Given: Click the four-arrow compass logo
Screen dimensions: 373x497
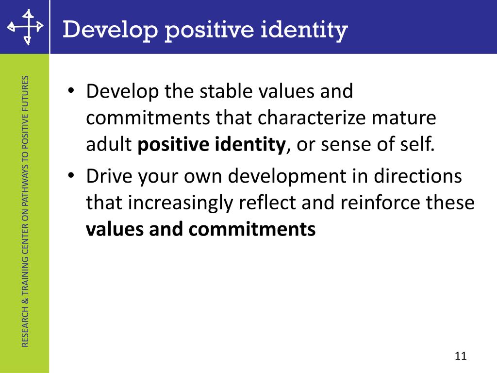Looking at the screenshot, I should click(x=25, y=27).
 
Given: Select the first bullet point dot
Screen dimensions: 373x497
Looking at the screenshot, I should click(x=71, y=91).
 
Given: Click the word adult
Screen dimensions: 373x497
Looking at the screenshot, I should click(x=109, y=145).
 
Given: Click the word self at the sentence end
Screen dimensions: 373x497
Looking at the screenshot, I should click(x=418, y=145).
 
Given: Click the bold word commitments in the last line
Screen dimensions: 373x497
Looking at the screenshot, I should click(x=252, y=230).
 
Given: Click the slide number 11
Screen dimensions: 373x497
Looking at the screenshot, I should click(x=461, y=356).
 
